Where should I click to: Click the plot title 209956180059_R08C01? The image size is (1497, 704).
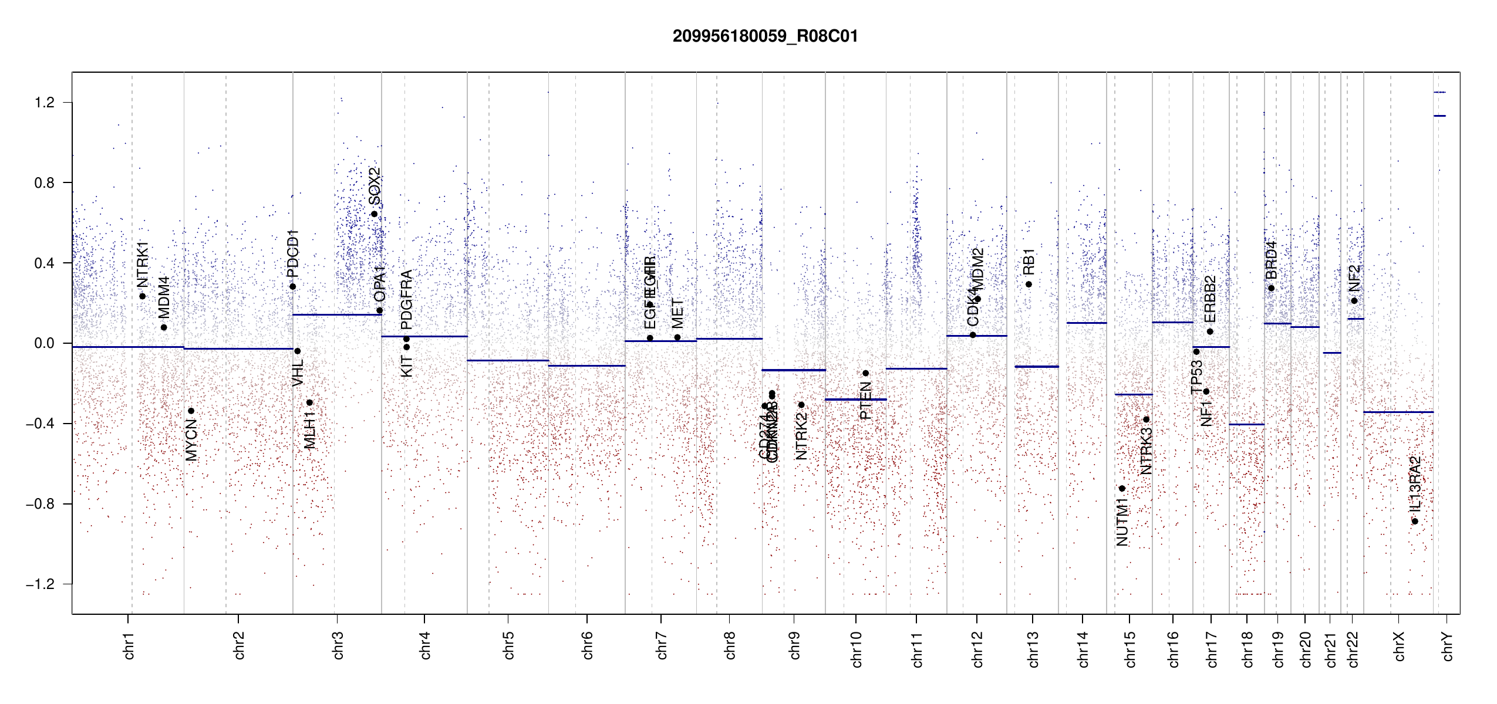[765, 36]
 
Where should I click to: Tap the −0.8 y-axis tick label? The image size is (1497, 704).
[40, 504]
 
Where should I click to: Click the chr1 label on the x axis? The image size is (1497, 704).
[129, 645]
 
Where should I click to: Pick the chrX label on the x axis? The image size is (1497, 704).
[1399, 646]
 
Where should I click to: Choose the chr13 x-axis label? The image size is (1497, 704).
[1033, 649]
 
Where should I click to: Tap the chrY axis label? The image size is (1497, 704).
[1447, 646]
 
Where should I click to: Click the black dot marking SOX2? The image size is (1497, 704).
[374, 214]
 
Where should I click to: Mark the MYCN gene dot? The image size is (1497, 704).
[191, 411]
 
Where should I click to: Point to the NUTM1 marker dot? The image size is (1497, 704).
[1122, 489]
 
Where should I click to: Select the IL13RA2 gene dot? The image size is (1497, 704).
[1415, 522]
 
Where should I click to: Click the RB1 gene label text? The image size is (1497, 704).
[1029, 262]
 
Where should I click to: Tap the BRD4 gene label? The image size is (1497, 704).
[1271, 260]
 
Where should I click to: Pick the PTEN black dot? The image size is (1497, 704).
[865, 373]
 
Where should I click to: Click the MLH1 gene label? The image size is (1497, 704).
[310, 430]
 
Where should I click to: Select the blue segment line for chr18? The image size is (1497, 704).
[1246, 424]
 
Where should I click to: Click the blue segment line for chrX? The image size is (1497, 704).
[1398, 412]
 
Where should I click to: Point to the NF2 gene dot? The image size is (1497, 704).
[1354, 301]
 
